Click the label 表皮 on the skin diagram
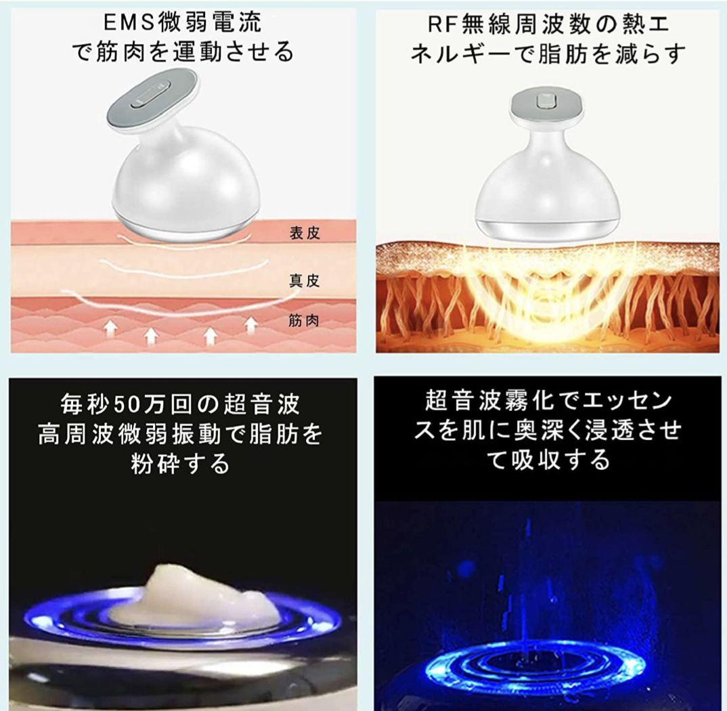pyautogui.click(x=304, y=234)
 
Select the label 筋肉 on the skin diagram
pyautogui.click(x=304, y=320)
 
